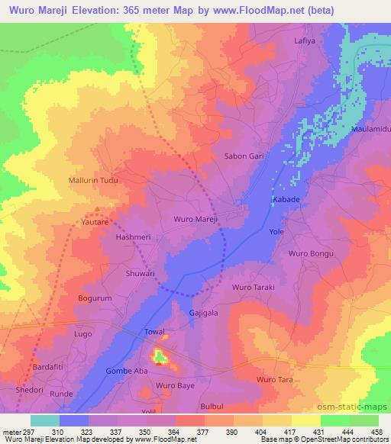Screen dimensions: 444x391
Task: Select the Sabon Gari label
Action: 244,156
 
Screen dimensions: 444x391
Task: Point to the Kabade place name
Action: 285,200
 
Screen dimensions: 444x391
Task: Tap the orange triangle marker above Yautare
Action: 97,208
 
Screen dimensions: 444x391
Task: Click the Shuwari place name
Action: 140,272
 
